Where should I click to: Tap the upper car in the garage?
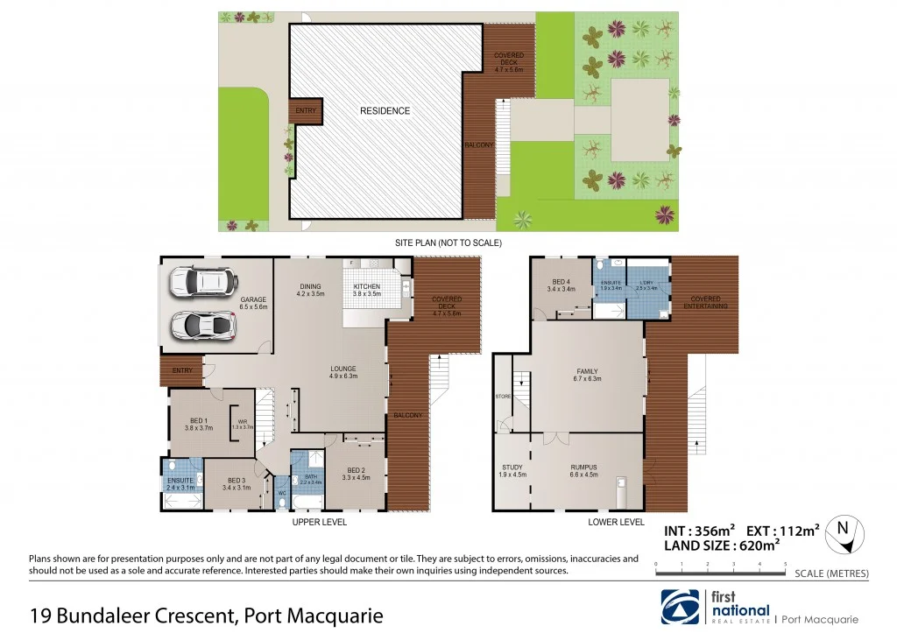click(x=202, y=282)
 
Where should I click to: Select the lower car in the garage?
click(x=203, y=325)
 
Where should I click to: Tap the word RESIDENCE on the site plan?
click(x=385, y=111)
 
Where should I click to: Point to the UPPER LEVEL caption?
click(x=319, y=522)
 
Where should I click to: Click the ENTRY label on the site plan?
click(x=306, y=110)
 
